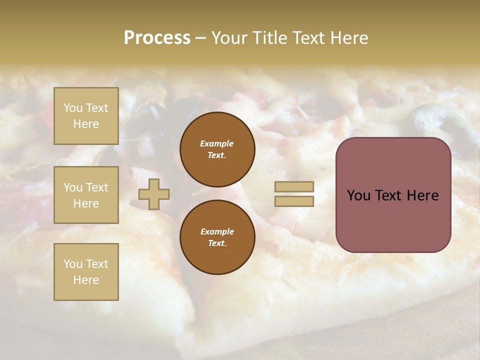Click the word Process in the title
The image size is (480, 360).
[x=156, y=37]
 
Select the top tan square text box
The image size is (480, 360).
[x=86, y=116]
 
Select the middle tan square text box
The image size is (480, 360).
[x=86, y=195]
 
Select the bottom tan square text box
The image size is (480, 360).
[x=86, y=272]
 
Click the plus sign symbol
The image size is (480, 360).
[x=154, y=194]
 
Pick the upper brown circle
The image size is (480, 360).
[x=217, y=149]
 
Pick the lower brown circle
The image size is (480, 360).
[x=217, y=237]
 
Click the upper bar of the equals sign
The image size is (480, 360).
[x=294, y=186]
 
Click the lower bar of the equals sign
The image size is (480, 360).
[x=294, y=201]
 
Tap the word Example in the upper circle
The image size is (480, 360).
[x=217, y=143]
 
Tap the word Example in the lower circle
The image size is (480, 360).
[x=217, y=231]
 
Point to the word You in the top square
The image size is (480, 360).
[x=72, y=108]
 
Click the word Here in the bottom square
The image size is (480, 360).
[x=86, y=280]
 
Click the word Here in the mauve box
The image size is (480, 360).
[x=422, y=195]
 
